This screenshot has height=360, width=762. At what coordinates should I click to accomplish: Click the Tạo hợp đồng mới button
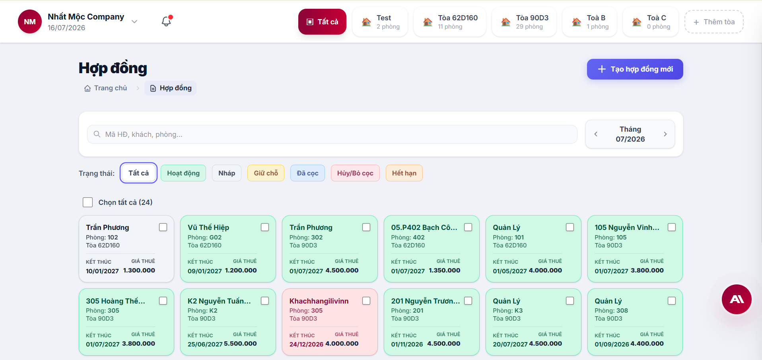pyautogui.click(x=635, y=69)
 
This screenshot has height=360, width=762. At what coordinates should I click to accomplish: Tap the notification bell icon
pyautogui.click(x=166, y=21)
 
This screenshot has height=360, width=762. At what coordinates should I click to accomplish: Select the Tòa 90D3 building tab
pyautogui.click(x=524, y=22)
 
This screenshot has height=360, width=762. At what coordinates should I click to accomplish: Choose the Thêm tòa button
pyautogui.click(x=714, y=22)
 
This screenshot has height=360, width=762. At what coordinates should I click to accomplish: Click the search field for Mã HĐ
pyautogui.click(x=332, y=134)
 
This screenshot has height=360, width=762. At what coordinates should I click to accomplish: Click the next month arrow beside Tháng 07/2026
pyautogui.click(x=665, y=134)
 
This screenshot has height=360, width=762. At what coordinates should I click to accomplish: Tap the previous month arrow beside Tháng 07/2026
pyautogui.click(x=596, y=134)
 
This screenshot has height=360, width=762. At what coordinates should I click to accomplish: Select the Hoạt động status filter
pyautogui.click(x=183, y=173)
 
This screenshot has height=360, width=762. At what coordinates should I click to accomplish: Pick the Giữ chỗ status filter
pyautogui.click(x=266, y=173)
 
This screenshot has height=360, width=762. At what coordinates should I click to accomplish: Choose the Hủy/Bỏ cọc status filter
pyautogui.click(x=355, y=173)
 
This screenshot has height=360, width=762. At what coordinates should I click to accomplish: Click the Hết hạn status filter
pyautogui.click(x=404, y=173)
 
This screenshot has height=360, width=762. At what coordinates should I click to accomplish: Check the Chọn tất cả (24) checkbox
pyautogui.click(x=87, y=202)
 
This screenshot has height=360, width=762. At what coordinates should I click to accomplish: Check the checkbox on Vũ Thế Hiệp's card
pyautogui.click(x=265, y=227)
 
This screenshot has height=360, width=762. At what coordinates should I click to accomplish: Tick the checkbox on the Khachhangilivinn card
pyautogui.click(x=366, y=301)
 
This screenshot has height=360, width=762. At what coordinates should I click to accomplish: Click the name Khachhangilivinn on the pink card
pyautogui.click(x=319, y=301)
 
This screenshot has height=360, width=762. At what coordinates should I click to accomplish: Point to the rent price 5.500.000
pyautogui.click(x=240, y=344)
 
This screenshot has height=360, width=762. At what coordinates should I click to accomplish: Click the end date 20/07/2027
pyautogui.click(x=510, y=344)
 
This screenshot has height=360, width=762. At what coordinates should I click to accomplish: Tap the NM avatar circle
pyautogui.click(x=30, y=21)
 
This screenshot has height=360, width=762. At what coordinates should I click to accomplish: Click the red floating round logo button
pyautogui.click(x=737, y=299)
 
